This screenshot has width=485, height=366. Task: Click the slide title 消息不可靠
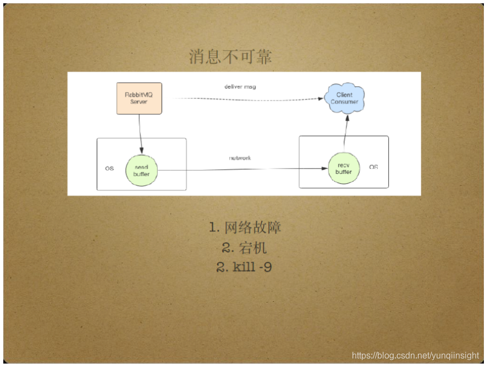(230, 57)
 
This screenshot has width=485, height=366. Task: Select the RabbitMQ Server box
(139, 98)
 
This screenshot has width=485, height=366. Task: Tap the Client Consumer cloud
(345, 98)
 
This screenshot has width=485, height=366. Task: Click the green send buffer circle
(141, 170)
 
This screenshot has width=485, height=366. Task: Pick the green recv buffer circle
(344, 168)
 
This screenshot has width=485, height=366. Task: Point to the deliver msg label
(240, 87)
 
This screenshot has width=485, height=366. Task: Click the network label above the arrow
(240, 158)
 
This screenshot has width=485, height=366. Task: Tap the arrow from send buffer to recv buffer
(242, 170)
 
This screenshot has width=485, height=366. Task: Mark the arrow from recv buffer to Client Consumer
(345, 133)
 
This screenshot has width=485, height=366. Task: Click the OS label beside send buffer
(109, 168)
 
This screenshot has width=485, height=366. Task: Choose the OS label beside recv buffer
(373, 167)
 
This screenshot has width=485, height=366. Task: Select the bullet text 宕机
(253, 247)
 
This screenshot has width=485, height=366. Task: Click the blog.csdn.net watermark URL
(415, 356)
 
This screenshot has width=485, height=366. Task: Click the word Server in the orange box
(139, 102)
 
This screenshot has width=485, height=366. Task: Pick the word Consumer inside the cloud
(345, 102)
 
